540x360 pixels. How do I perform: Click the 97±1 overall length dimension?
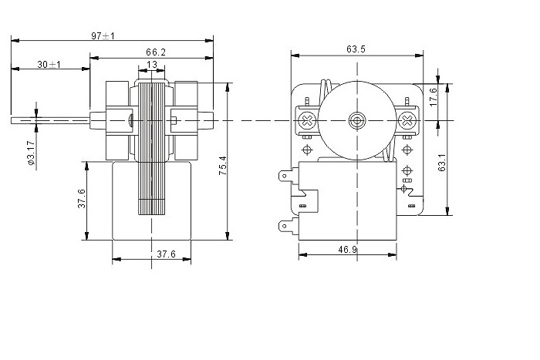tap(103, 35)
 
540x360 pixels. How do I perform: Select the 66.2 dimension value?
tap(156, 52)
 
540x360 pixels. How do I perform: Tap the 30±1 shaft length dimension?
tap(49, 64)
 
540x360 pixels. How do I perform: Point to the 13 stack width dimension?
tap(151, 64)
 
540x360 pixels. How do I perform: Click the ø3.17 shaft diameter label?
tap(31, 152)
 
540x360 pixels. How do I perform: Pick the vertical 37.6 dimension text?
tap(82, 198)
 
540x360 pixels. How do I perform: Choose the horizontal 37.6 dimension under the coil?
tap(167, 254)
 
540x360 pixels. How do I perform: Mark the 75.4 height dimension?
tap(223, 166)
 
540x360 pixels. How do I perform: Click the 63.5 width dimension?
tap(356, 49)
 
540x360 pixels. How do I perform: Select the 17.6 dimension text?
tap(433, 97)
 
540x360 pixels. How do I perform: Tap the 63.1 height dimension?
tap(442, 163)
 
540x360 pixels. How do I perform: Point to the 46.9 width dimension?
tap(347, 249)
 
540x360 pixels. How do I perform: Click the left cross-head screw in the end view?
tap(307, 121)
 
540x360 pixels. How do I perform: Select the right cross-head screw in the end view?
tap(407, 121)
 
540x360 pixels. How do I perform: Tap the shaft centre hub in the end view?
tap(356, 121)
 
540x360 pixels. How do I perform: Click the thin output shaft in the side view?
tap(50, 121)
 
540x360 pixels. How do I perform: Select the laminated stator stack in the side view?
tap(151, 149)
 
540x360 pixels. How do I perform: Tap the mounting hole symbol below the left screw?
tap(307, 150)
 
